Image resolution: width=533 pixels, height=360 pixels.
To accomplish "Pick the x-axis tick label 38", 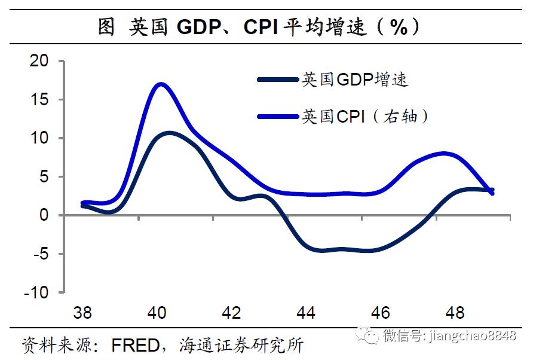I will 82,313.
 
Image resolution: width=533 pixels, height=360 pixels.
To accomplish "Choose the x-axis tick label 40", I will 157,313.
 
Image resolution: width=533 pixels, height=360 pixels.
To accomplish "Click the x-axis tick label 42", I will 231,313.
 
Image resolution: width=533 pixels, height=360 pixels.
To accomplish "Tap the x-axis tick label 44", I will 306,313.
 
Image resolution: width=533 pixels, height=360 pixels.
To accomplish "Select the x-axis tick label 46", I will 381,313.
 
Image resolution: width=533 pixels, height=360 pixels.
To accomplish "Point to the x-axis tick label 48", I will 455,313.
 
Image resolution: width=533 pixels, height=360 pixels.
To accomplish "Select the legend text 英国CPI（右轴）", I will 366,116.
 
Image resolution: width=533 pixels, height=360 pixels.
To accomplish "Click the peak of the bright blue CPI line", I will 161,84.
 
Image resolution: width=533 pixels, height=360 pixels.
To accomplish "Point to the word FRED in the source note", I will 139,345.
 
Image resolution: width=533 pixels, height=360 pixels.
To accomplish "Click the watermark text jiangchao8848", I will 473,335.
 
